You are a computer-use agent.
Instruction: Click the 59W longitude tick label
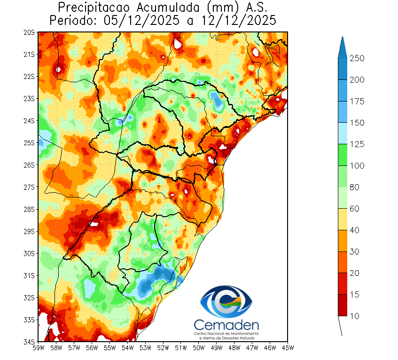38,348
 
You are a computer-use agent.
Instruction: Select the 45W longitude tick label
288,348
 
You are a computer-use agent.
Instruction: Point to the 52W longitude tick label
163,348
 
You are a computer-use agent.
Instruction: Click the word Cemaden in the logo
226,325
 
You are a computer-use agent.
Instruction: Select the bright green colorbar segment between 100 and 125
343,155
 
